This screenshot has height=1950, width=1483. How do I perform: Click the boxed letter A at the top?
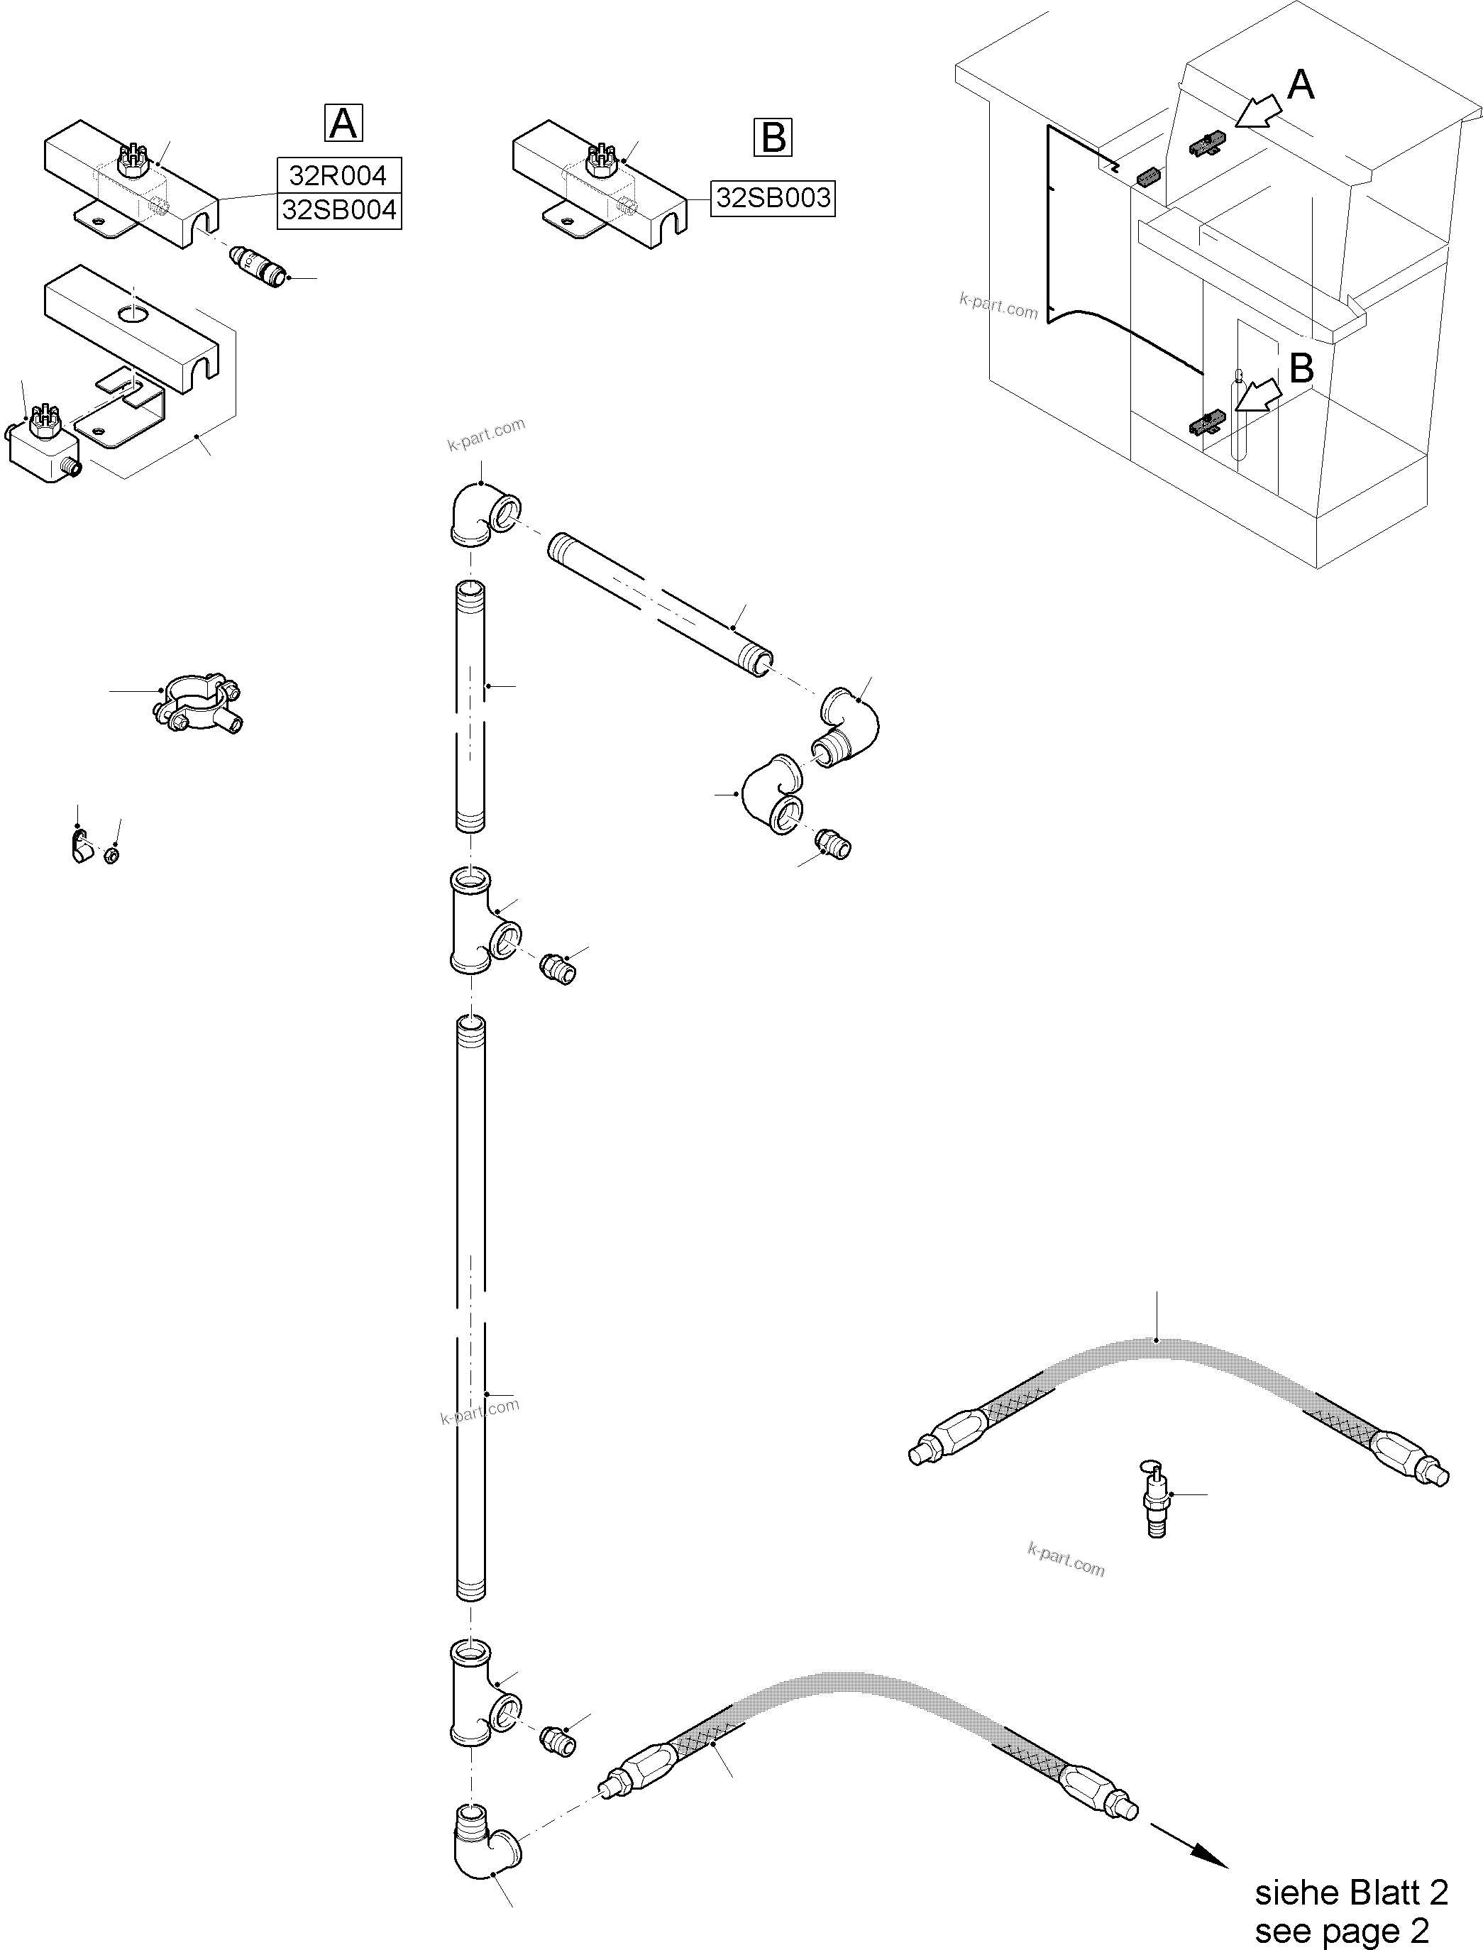pos(343,123)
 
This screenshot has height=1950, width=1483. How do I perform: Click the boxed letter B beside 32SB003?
pos(773,138)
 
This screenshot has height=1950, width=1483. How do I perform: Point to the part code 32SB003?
pos(773,198)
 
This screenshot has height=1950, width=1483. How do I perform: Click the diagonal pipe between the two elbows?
pos(661,602)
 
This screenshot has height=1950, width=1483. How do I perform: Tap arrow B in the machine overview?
pos(1258,395)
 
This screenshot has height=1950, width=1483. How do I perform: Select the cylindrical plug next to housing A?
pos(259,267)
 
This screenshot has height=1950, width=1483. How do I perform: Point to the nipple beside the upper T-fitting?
pos(558,969)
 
